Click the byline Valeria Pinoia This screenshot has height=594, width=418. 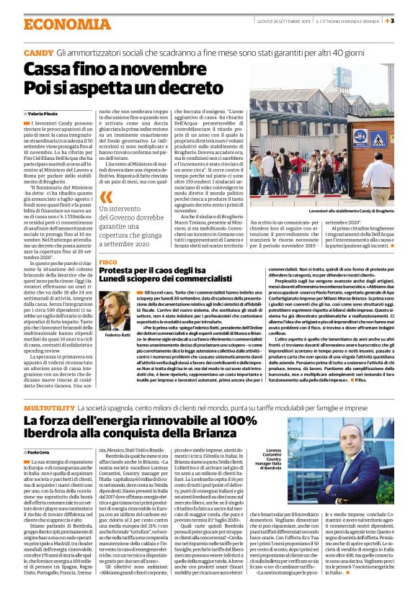[45, 114]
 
